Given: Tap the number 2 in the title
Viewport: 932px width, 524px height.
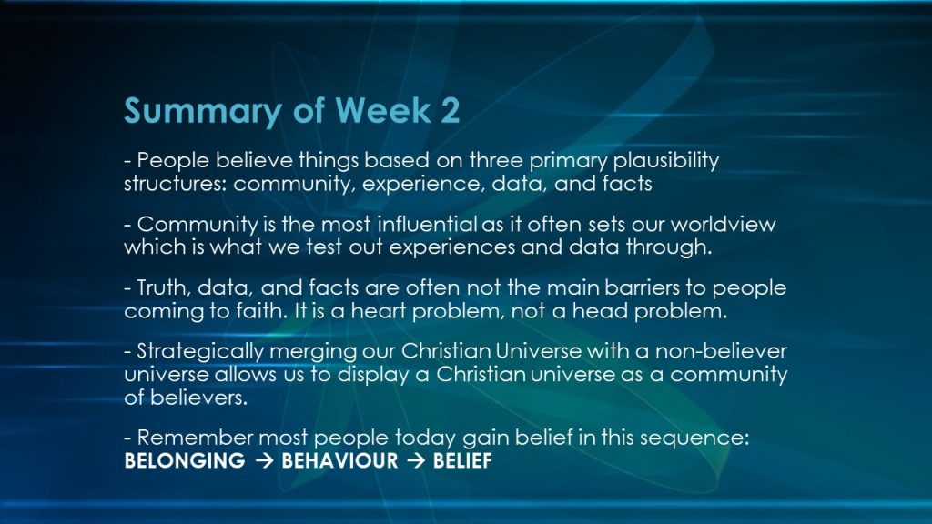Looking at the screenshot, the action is pyautogui.click(x=450, y=110).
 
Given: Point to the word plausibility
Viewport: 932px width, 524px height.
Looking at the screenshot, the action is pyautogui.click(x=665, y=161).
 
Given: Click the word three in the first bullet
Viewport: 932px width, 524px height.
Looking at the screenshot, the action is pyautogui.click(x=496, y=160).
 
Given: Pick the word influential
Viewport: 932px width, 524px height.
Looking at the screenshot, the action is pyautogui.click(x=428, y=224).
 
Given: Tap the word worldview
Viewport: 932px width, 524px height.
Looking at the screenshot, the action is pyautogui.click(x=723, y=224).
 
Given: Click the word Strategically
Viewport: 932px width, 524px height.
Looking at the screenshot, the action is pyautogui.click(x=200, y=352).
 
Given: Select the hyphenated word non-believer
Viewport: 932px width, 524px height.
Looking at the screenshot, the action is pyautogui.click(x=721, y=351).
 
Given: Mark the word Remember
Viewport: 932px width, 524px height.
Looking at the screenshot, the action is pyautogui.click(x=196, y=438).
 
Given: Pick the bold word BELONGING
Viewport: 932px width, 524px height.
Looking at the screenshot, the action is pyautogui.click(x=184, y=461).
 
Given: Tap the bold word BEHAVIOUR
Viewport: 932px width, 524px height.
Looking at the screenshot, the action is pyautogui.click(x=339, y=461).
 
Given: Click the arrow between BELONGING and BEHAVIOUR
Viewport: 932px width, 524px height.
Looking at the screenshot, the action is pyautogui.click(x=263, y=461).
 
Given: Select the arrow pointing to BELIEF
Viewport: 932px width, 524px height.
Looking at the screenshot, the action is pyautogui.click(x=415, y=461).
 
